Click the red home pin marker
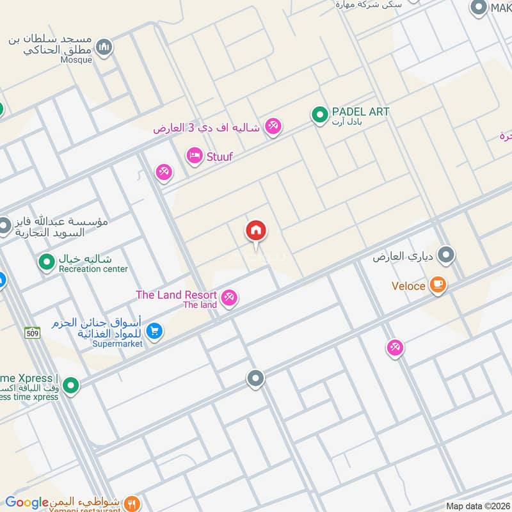click(x=256, y=231)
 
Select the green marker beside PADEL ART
click(x=319, y=115)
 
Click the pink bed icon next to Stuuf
click(x=194, y=155)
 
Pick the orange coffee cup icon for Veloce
click(x=438, y=285)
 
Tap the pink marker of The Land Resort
click(x=229, y=298)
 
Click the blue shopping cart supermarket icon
click(x=154, y=331)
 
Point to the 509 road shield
click(x=33, y=332)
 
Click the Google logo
click(x=27, y=503)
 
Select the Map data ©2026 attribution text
click(x=477, y=506)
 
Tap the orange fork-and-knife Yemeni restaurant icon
click(x=132, y=503)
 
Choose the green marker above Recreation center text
click(x=46, y=261)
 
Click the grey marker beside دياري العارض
click(x=447, y=255)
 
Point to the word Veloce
click(x=408, y=285)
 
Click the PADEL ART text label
click(x=360, y=112)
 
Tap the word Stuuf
click(x=220, y=156)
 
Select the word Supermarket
click(x=117, y=344)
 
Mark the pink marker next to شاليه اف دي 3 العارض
click(x=273, y=127)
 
